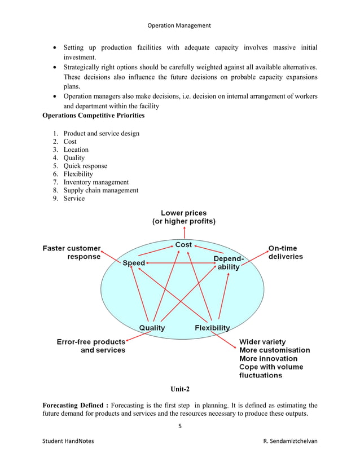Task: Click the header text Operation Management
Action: click(x=179, y=25)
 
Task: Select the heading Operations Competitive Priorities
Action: click(x=94, y=116)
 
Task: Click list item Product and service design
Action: click(x=101, y=134)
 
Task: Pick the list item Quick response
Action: click(x=85, y=166)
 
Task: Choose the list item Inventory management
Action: click(x=96, y=182)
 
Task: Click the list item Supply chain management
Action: click(x=100, y=190)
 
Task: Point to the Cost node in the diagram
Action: click(x=183, y=245)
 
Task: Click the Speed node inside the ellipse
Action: click(x=134, y=263)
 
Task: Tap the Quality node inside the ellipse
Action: click(x=152, y=328)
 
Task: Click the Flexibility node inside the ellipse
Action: click(x=212, y=328)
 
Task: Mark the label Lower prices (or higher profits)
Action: click(x=183, y=217)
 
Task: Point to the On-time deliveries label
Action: click(x=285, y=252)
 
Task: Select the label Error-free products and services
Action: click(x=91, y=346)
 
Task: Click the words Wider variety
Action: click(x=262, y=342)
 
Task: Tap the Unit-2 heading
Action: click(x=180, y=389)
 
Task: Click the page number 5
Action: click(x=179, y=426)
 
